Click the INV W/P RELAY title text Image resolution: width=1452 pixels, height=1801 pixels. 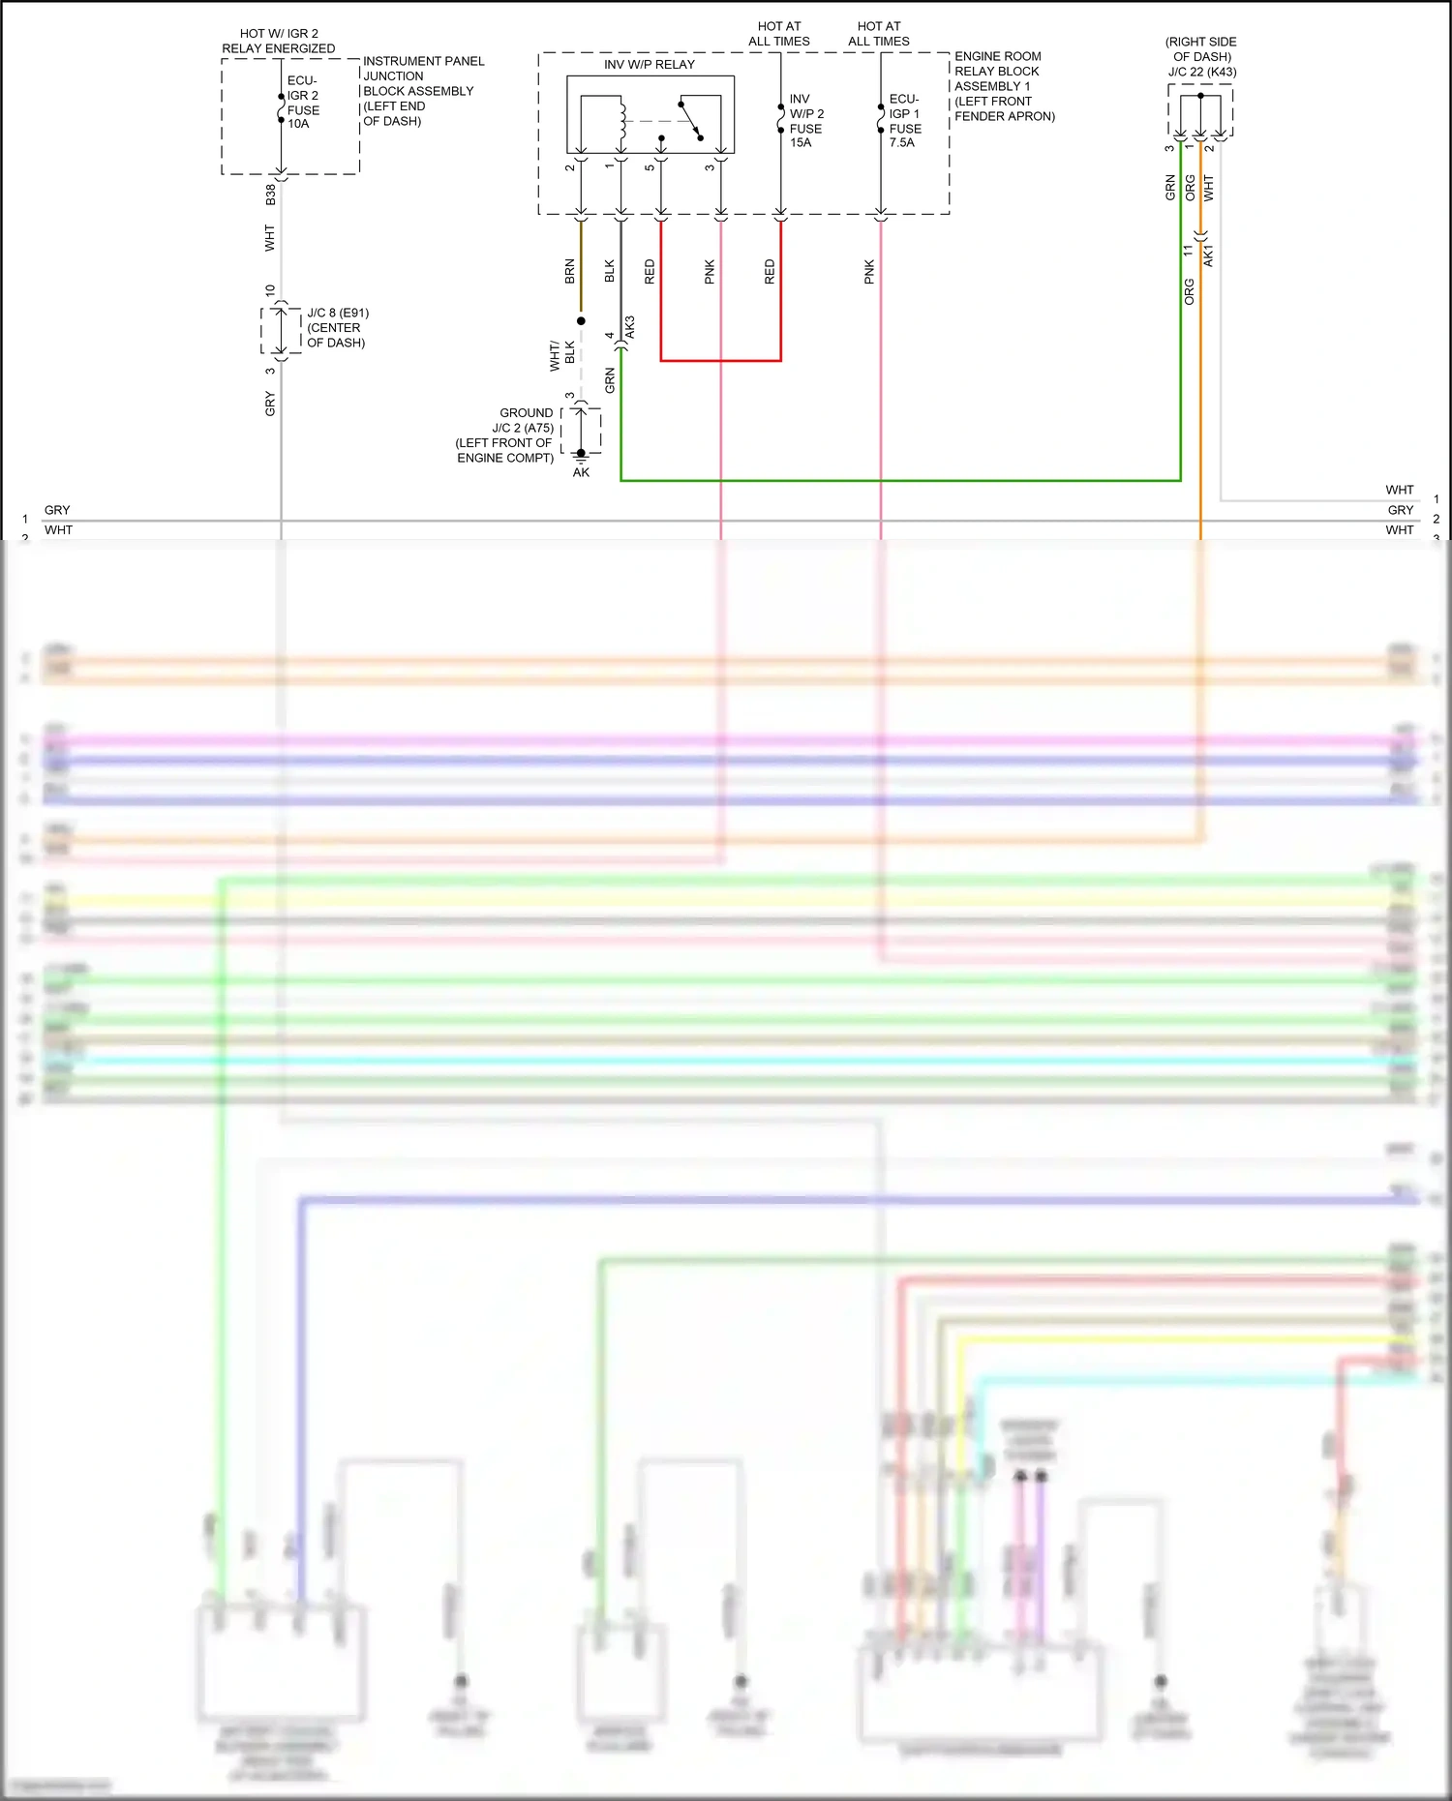[x=649, y=65]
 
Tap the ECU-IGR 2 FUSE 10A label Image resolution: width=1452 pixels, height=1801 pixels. [x=302, y=102]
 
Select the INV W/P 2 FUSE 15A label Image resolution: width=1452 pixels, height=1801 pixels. [x=805, y=121]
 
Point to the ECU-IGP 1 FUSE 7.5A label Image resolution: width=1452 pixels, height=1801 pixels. [x=904, y=121]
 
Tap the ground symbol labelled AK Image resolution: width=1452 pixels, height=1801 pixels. [x=581, y=455]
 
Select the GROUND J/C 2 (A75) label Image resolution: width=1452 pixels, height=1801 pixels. [x=505, y=435]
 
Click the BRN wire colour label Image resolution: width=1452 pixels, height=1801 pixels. [x=570, y=271]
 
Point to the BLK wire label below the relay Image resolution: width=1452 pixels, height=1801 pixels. [x=610, y=271]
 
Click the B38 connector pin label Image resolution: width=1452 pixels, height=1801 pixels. [x=271, y=195]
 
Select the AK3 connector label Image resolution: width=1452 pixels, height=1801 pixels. [x=630, y=327]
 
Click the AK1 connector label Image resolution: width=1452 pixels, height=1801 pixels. [x=1208, y=255]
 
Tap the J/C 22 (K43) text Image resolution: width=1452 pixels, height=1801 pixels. [x=1201, y=72]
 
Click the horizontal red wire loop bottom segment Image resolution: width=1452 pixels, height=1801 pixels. [x=720, y=361]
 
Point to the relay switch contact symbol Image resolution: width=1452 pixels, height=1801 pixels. [x=690, y=119]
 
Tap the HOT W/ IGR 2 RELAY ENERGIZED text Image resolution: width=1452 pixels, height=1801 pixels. [x=279, y=41]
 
